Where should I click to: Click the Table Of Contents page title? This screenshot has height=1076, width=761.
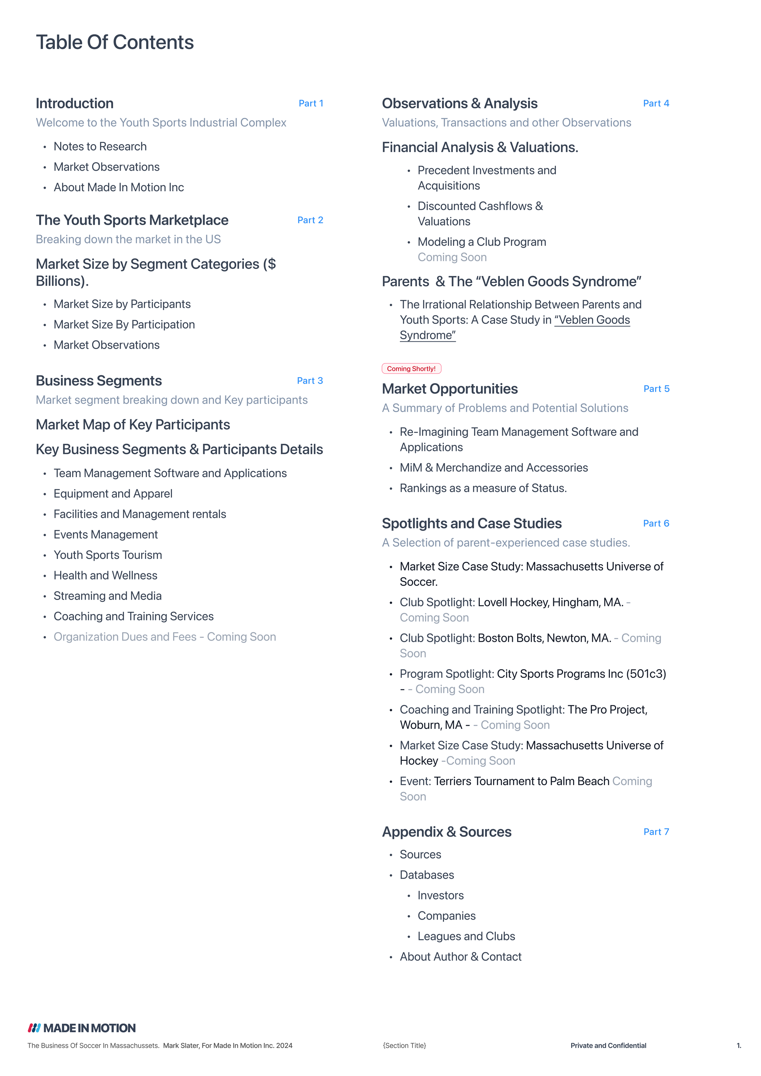tap(115, 42)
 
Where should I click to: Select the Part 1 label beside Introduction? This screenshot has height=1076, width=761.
tap(310, 103)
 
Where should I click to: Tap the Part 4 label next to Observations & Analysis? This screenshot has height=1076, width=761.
tap(656, 103)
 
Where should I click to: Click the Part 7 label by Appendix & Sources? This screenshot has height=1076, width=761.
tap(656, 832)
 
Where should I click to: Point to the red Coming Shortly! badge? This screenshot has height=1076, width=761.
tap(411, 369)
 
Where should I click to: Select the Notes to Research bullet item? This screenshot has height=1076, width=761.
tap(100, 147)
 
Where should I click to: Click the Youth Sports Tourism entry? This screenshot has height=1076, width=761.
tap(107, 555)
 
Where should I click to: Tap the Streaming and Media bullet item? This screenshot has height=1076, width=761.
tap(107, 596)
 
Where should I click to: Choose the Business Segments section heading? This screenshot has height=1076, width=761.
tap(99, 381)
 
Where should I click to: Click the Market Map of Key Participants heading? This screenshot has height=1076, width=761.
tap(133, 425)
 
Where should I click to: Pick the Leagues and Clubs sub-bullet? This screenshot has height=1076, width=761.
tap(466, 936)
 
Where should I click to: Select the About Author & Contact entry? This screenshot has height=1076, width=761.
tap(460, 957)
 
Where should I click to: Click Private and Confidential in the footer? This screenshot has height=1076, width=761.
tap(608, 1046)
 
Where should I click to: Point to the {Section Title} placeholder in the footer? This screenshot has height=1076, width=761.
tap(404, 1046)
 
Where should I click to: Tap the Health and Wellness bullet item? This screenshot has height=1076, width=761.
tap(105, 576)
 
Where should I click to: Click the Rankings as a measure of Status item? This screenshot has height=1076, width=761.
tap(483, 488)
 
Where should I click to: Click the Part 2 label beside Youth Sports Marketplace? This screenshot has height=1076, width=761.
tap(310, 220)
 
